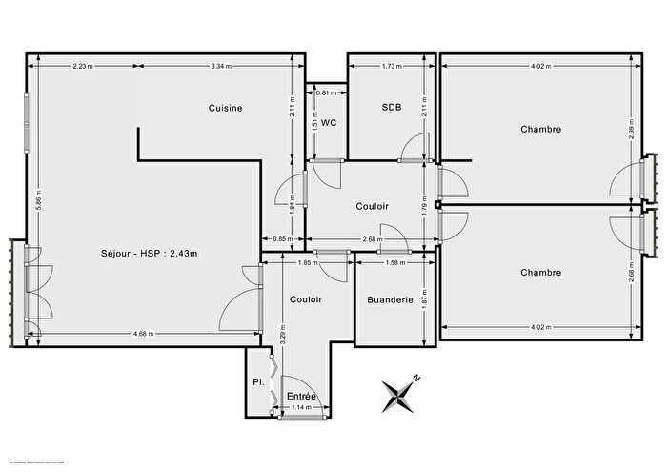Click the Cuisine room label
(226, 108)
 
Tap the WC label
(329, 123)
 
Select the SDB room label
(390, 108)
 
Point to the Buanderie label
(390, 299)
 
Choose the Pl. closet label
(257, 381)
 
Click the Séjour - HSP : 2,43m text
(149, 253)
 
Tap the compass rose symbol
(401, 394)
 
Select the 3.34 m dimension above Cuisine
(221, 66)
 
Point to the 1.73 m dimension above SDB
(391, 66)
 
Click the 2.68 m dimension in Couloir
(373, 239)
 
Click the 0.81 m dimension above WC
(325, 92)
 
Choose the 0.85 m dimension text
(282, 238)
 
